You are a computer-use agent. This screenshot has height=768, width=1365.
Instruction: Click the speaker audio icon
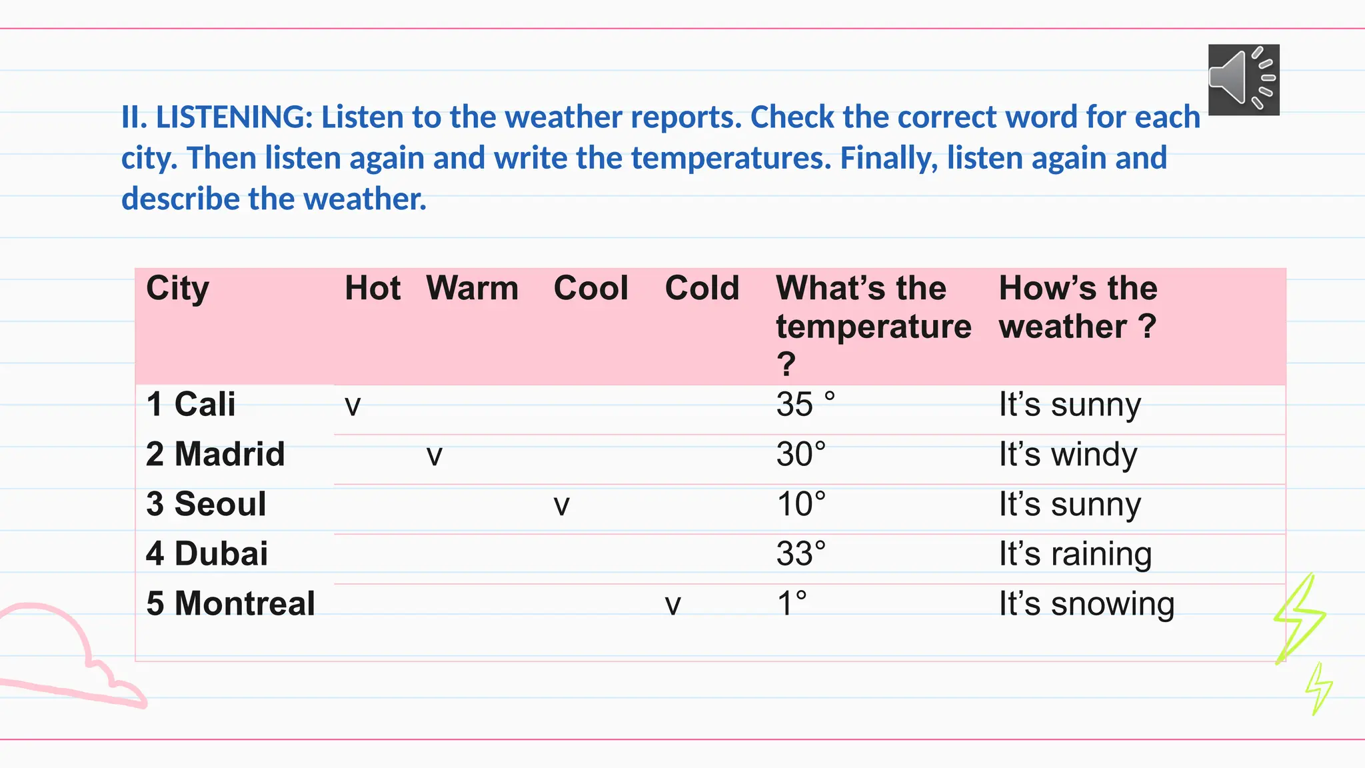1243,79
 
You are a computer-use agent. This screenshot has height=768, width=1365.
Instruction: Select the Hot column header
372,289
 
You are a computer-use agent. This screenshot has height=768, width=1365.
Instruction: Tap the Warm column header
472,289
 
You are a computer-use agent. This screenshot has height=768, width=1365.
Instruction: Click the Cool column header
591,289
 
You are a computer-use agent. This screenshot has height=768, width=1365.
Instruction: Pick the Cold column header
702,289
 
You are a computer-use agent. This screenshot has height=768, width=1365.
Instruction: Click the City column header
177,289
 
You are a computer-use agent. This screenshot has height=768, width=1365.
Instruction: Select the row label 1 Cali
191,404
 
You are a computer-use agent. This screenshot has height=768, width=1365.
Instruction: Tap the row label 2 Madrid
215,454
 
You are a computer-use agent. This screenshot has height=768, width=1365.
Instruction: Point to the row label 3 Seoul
206,504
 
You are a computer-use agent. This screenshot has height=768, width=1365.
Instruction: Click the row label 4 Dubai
207,554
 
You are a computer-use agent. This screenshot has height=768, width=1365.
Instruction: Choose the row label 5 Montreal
230,603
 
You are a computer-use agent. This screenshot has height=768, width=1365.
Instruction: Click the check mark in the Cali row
353,406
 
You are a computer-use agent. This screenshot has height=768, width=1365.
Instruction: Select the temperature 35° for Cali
805,404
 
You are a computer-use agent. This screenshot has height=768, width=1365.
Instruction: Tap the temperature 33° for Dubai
800,554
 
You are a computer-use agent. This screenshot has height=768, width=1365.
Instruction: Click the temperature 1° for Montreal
792,603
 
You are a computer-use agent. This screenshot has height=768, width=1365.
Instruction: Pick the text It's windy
1068,455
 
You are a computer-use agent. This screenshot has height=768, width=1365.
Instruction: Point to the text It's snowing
1086,604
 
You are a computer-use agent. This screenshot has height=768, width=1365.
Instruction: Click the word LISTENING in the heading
234,117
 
